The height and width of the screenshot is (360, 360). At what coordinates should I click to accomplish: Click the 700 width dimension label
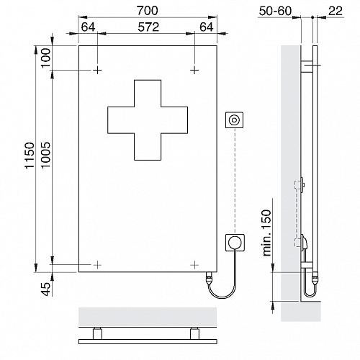(148, 11)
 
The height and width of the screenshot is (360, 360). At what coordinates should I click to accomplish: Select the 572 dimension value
(148, 27)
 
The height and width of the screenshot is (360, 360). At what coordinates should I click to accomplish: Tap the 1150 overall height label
(30, 156)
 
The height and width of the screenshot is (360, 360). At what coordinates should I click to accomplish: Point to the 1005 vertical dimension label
(46, 156)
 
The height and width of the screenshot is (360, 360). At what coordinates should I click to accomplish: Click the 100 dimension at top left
(46, 58)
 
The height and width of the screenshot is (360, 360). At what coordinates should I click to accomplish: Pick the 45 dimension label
(46, 289)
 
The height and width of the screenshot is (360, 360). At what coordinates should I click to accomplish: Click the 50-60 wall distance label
(275, 11)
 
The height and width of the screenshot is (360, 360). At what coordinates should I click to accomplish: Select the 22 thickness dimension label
(336, 11)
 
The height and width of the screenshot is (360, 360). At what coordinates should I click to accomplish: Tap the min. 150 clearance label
(267, 233)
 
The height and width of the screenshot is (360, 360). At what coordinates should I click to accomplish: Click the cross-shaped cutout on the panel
(148, 120)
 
